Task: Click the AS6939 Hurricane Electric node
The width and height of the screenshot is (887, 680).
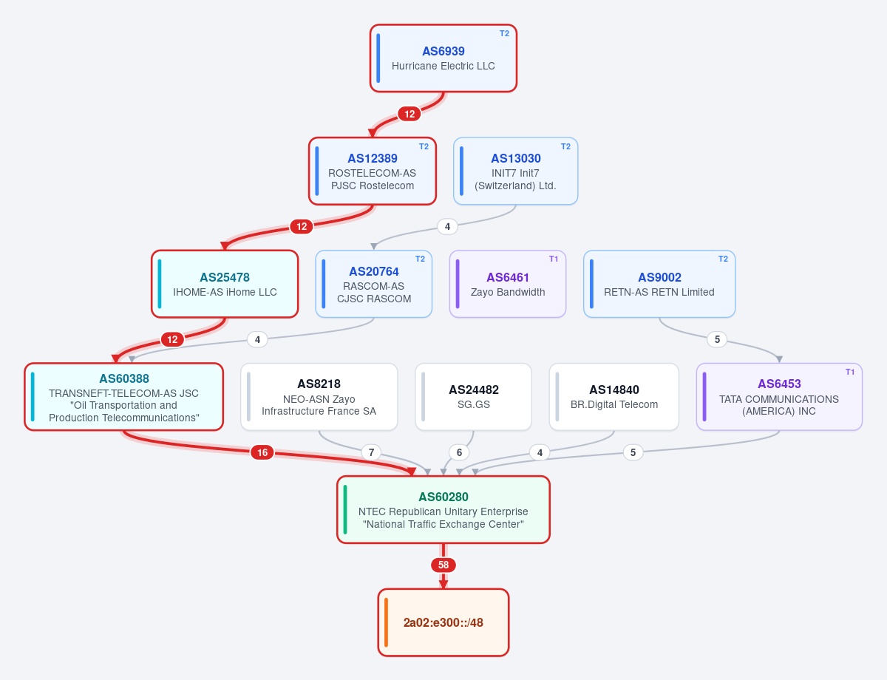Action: (443, 58)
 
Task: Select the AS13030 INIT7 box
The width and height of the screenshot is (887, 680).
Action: (515, 171)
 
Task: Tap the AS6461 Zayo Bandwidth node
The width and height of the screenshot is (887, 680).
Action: (507, 284)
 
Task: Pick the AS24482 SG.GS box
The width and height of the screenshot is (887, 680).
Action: (474, 397)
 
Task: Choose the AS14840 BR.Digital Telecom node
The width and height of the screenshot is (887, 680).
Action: (614, 397)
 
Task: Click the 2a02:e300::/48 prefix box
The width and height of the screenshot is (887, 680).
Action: (443, 622)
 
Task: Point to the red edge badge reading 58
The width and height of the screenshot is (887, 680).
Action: (443, 565)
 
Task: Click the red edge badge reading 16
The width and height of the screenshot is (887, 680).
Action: (262, 452)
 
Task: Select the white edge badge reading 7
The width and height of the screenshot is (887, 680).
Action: (372, 452)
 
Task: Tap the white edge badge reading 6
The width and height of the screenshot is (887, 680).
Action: (459, 452)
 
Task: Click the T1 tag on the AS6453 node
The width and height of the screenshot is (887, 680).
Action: (850, 372)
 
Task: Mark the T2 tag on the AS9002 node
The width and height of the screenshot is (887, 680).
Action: (723, 259)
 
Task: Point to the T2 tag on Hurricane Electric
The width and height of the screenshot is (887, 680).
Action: (505, 33)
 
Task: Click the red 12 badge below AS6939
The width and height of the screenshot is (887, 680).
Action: (409, 114)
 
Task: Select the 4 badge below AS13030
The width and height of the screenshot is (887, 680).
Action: (447, 226)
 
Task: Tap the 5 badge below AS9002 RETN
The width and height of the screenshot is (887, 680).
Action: (717, 339)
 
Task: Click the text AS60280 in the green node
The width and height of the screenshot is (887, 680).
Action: (443, 497)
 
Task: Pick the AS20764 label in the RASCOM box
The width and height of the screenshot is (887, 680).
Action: (374, 271)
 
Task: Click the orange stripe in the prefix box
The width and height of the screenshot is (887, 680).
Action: (386, 622)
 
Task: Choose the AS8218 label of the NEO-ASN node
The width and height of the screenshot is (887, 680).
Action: (319, 384)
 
